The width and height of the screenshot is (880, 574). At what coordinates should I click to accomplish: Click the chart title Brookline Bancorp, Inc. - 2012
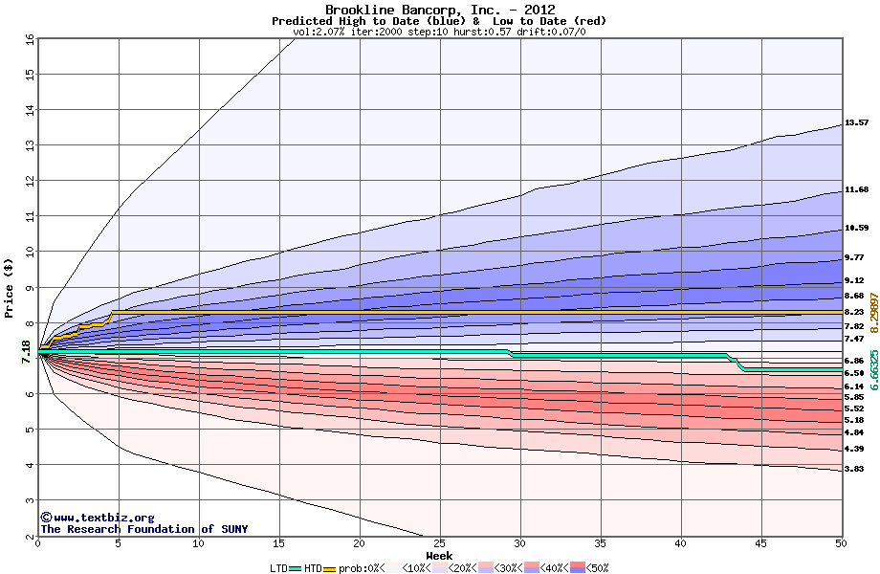tap(439, 10)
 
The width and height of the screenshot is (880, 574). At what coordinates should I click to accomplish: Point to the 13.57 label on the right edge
tap(856, 122)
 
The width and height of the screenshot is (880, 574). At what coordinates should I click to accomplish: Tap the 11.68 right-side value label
tap(856, 189)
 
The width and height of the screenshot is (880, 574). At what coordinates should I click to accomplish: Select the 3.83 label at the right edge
tap(854, 469)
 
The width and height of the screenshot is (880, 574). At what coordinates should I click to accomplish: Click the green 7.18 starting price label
tap(27, 351)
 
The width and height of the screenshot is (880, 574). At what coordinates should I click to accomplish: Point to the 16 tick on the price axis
tap(30, 39)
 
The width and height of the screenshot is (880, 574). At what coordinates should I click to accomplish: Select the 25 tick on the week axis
tap(440, 543)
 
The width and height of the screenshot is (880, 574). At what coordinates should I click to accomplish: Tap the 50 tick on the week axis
tap(841, 543)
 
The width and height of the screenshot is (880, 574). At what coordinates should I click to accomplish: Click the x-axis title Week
tap(439, 556)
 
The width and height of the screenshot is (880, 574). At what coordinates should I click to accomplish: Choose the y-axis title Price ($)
tap(10, 288)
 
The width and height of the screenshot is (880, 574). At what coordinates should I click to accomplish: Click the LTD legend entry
tap(278, 567)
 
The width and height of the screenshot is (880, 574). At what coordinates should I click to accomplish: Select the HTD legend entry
tap(313, 567)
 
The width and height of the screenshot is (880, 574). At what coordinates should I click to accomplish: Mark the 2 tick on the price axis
tap(30, 536)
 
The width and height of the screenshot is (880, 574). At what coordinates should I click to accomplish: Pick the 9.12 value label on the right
tap(854, 280)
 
